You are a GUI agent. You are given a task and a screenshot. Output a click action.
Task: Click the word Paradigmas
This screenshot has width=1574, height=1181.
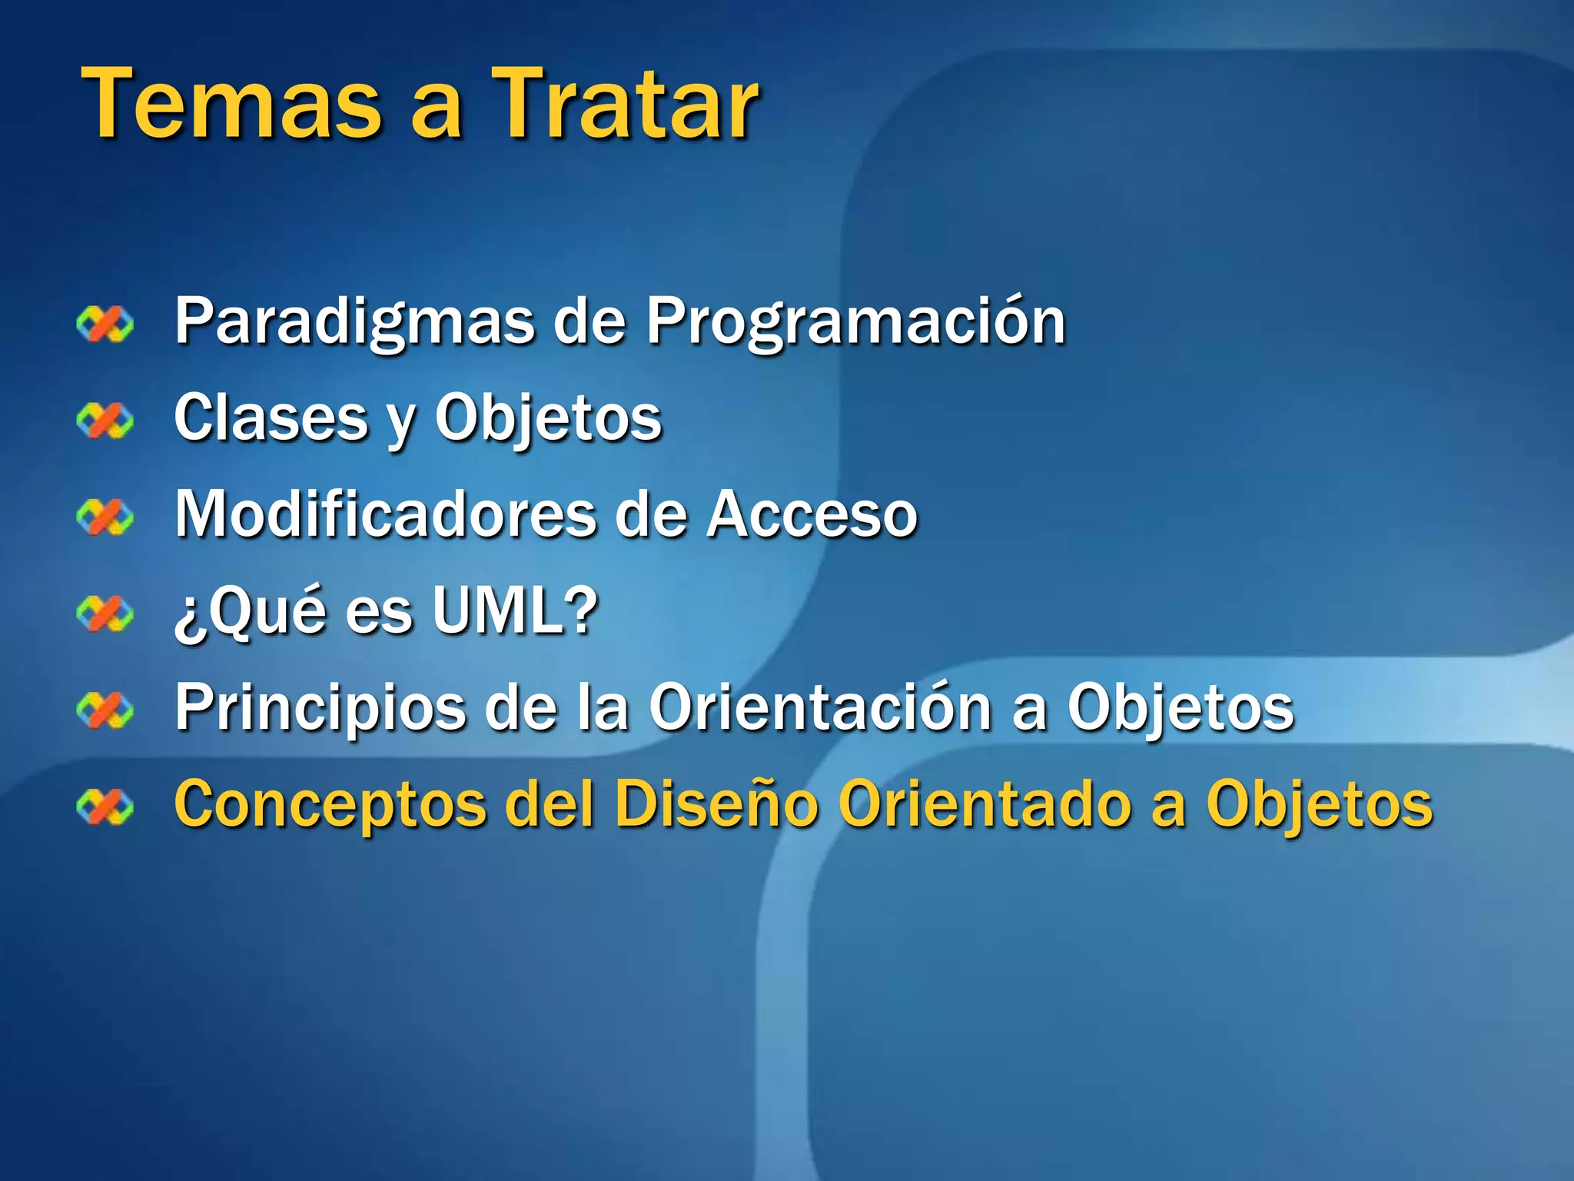pyautogui.click(x=354, y=321)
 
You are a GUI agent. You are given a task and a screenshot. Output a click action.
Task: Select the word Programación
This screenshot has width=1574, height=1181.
pyautogui.click(x=855, y=321)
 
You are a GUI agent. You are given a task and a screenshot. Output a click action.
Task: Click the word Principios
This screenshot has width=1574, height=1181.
pyautogui.click(x=320, y=707)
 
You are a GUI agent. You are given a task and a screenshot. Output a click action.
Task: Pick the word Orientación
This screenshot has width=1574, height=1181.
pyautogui.click(x=819, y=707)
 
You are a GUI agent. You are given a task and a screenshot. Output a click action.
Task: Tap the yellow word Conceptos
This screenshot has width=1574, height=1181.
pyautogui.click(x=330, y=804)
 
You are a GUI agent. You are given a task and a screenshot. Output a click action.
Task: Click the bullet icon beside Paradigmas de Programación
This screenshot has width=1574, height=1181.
pyautogui.click(x=105, y=324)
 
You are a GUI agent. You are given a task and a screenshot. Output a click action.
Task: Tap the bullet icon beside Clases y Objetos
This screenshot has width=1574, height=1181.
pyautogui.click(x=105, y=421)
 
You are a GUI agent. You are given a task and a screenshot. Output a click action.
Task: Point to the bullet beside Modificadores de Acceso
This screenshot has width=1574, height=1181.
pyautogui.click(x=105, y=517)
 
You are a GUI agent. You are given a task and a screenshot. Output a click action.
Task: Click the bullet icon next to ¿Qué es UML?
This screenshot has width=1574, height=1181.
pyautogui.click(x=105, y=614)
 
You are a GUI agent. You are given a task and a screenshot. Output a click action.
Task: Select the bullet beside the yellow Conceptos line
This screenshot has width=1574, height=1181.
pyautogui.click(x=105, y=807)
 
